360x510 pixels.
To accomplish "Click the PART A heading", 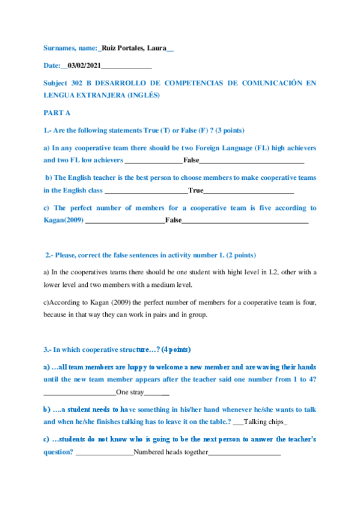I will (57, 112).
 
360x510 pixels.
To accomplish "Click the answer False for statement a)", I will (191, 161).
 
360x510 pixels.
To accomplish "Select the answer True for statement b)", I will (196, 191).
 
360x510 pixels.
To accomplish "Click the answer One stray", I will (130, 392).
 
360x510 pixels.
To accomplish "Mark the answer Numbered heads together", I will (171, 452).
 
